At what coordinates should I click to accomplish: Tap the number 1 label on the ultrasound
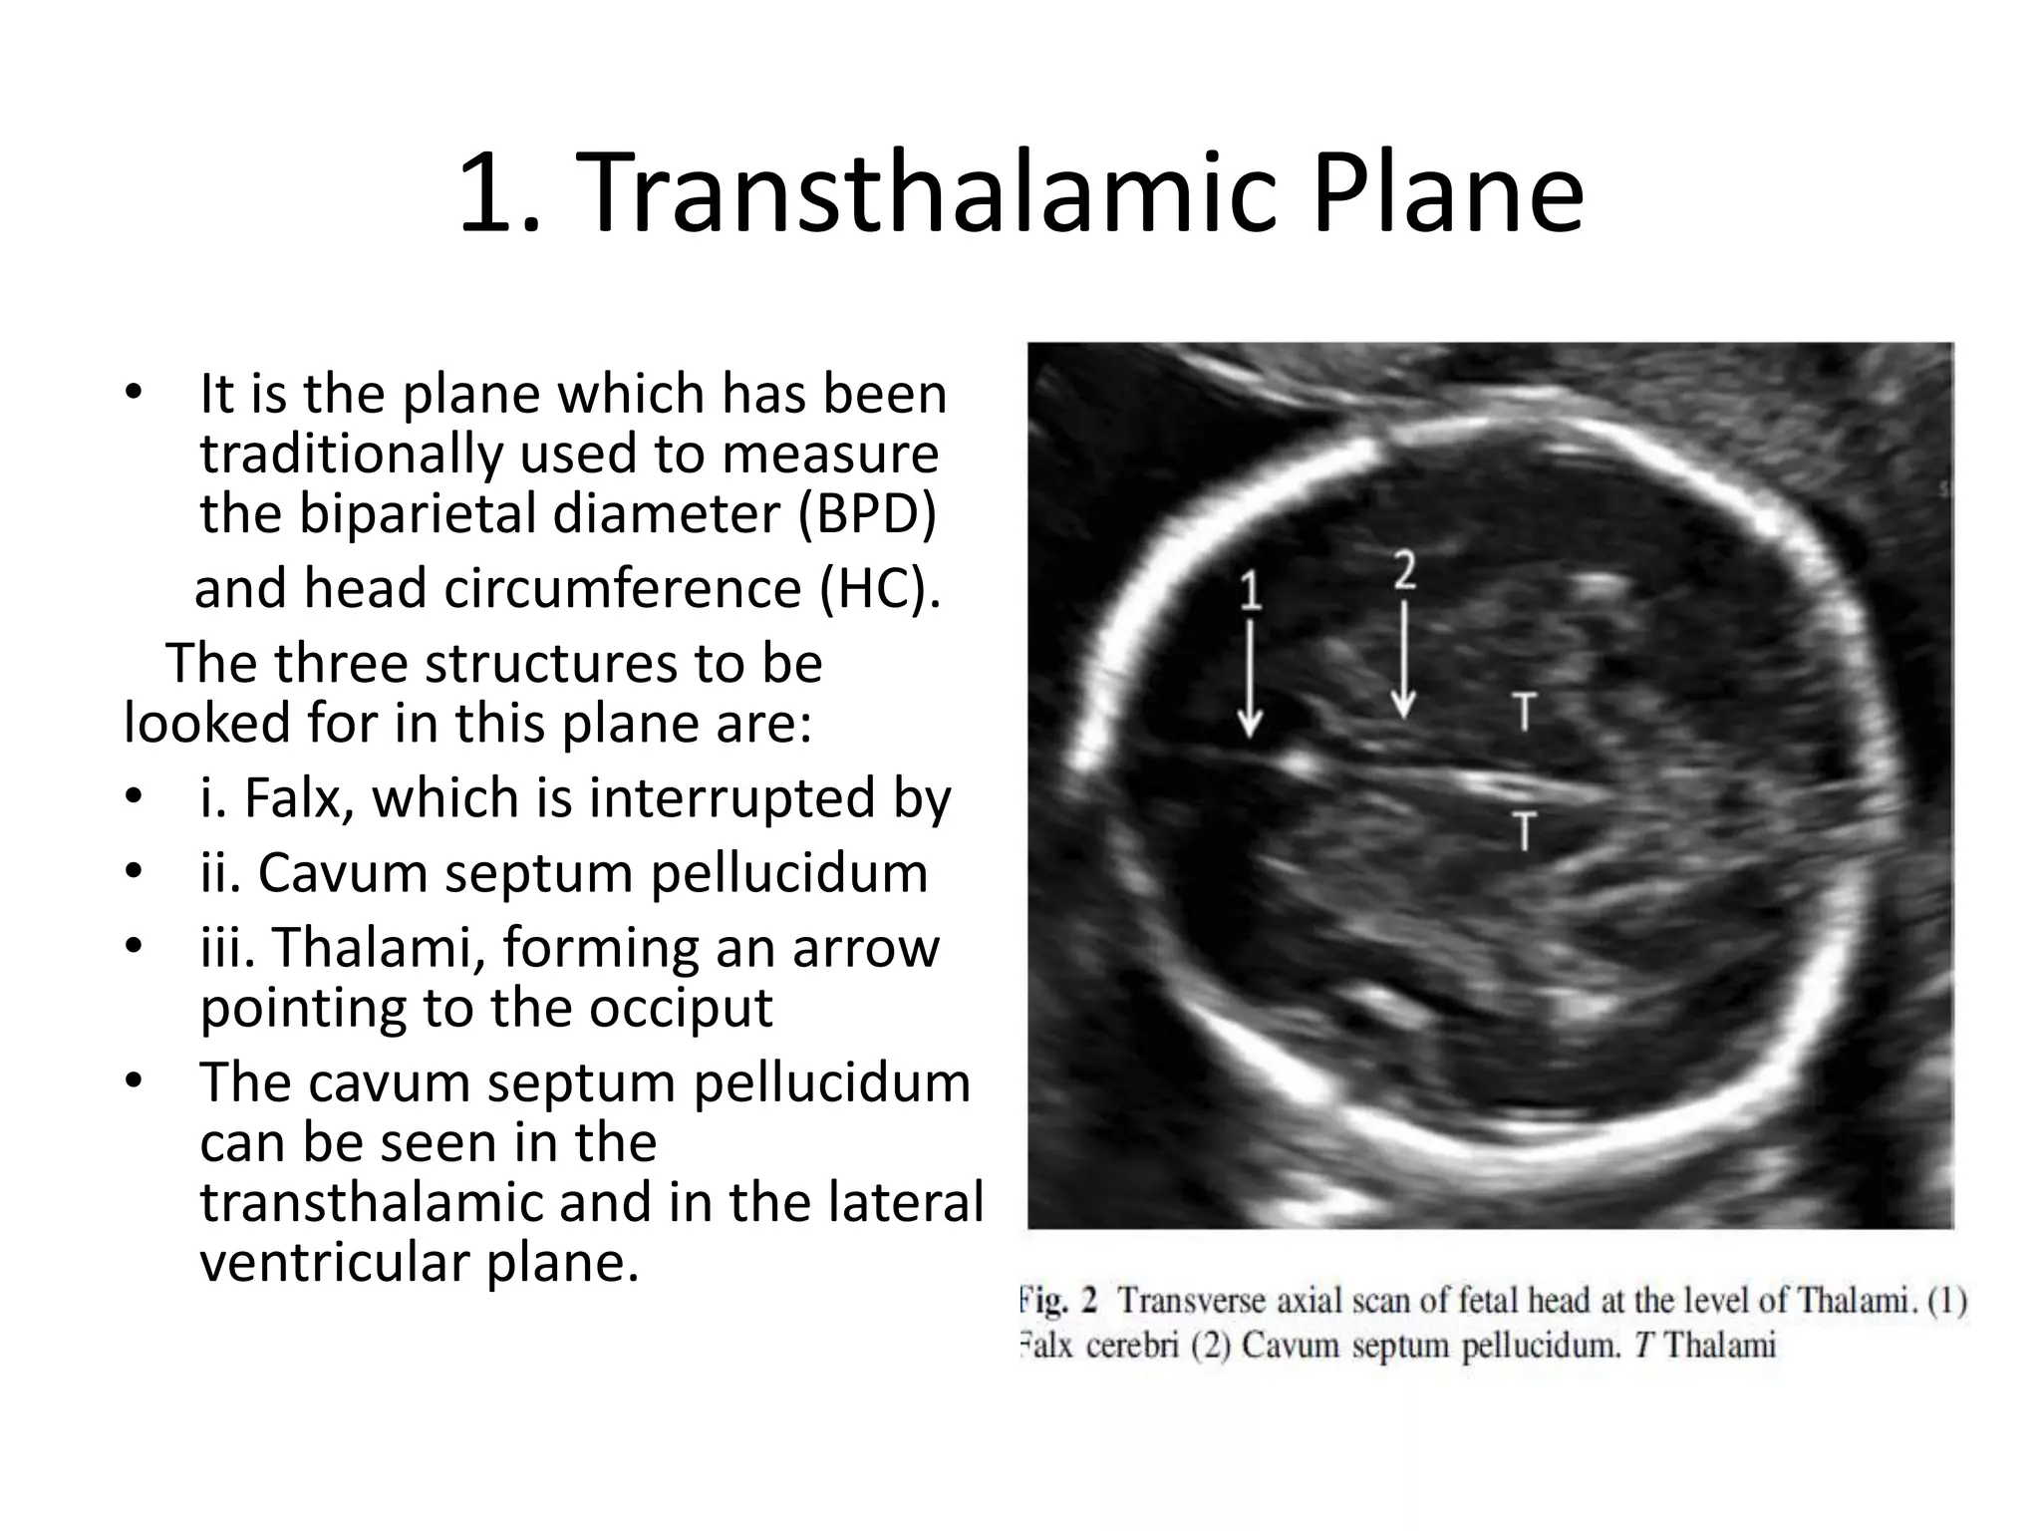1250,590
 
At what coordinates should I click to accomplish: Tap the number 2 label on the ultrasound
1404,571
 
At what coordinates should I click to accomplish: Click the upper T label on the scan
1524,712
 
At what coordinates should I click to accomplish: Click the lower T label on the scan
1524,830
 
